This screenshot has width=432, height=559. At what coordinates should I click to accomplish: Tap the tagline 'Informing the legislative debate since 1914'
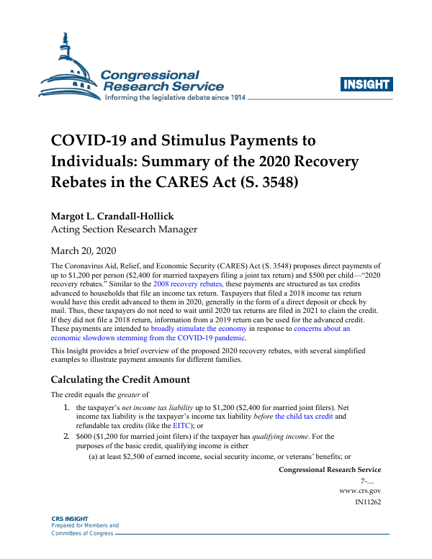[176, 97]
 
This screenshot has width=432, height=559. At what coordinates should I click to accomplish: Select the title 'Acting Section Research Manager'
[123, 229]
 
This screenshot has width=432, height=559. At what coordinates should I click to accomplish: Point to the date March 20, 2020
[83, 251]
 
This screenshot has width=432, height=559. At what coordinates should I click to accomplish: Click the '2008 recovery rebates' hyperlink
[181, 285]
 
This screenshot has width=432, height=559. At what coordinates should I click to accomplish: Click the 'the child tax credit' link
[305, 417]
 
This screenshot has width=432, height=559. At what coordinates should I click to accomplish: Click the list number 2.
[68, 436]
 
